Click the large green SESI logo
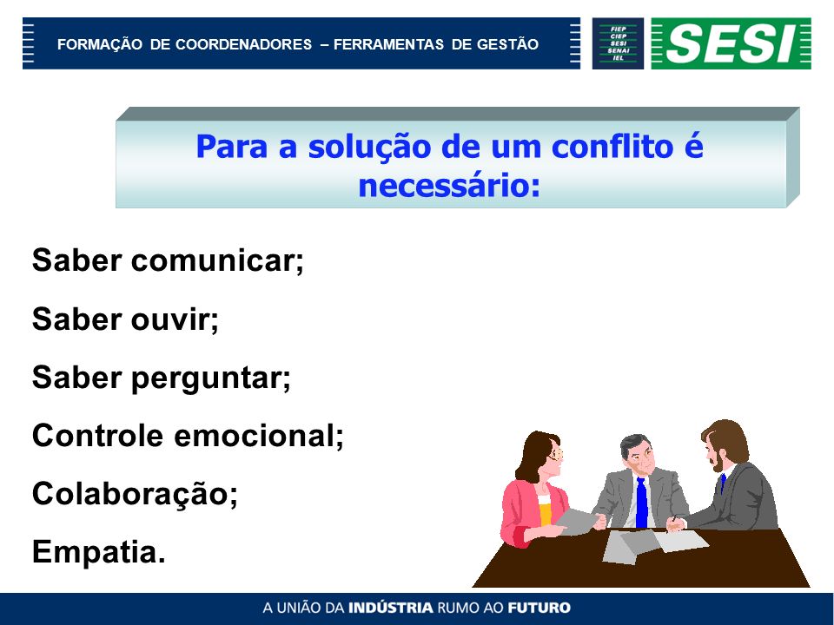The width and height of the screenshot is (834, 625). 731,43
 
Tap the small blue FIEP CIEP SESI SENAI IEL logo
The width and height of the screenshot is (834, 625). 618,43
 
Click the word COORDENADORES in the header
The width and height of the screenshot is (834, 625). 243,44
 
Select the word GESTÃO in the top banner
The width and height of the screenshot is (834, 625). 507,44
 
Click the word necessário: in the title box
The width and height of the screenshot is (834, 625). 449,186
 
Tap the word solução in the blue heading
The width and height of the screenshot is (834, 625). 370,148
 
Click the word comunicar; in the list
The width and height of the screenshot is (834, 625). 217,260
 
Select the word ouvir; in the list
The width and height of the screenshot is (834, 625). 175,319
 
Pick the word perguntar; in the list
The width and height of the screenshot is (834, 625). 210,378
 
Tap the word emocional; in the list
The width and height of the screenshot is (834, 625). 259,436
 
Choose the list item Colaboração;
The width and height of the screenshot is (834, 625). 135,494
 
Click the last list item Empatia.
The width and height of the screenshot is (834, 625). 99,552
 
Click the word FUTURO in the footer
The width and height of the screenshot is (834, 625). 539,608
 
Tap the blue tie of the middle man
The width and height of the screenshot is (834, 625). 641,502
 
